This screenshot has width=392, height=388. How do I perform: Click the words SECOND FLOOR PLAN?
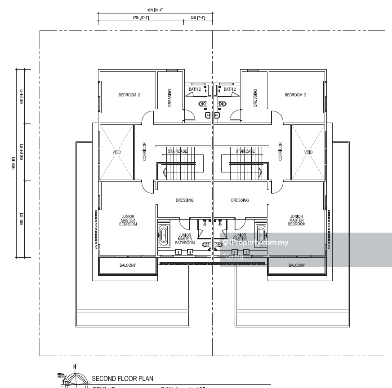122,379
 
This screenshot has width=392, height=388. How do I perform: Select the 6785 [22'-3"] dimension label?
141,18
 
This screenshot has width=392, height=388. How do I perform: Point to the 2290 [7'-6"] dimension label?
198,18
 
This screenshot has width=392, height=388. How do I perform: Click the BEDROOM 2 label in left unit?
129,95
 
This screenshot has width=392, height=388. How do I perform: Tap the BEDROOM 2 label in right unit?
295,95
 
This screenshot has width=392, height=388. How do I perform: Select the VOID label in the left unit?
117,152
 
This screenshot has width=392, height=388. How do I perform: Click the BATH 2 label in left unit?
195,89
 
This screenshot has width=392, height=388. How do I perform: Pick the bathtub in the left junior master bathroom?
164,234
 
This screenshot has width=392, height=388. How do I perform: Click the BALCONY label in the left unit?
128,265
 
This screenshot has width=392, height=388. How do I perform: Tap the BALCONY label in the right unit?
297,265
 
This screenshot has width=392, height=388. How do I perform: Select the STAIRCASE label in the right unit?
245,151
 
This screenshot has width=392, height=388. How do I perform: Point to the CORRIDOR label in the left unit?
145,152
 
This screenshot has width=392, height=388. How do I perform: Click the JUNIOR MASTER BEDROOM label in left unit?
128,220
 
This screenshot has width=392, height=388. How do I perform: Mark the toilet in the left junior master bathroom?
206,245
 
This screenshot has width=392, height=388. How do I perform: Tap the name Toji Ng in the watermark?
233,257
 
